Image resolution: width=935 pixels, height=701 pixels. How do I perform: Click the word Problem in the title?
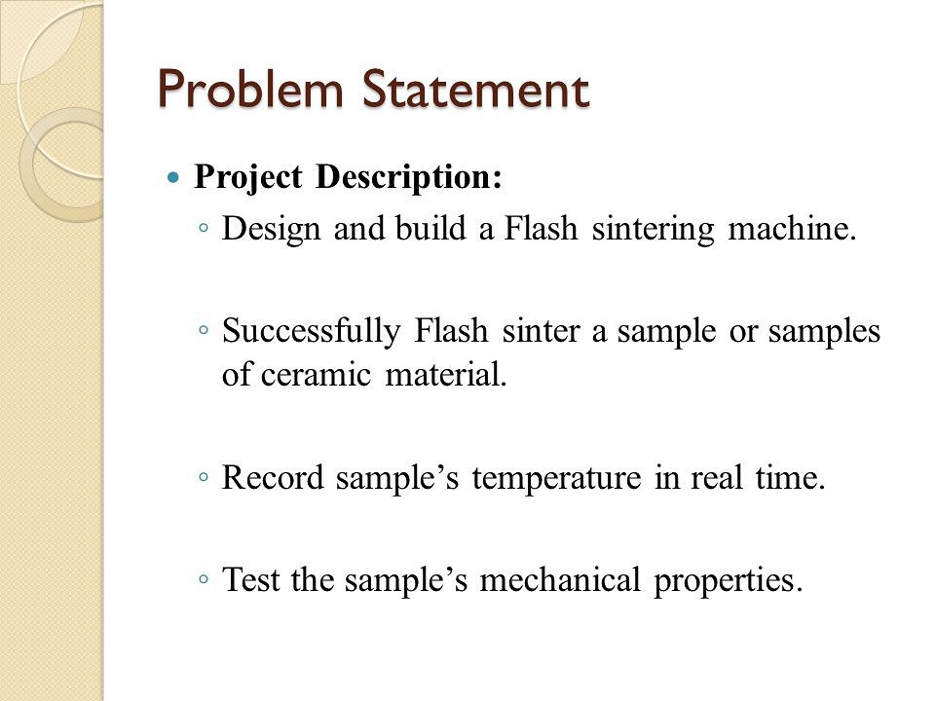coord(251,91)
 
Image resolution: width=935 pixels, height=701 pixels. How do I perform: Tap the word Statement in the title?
coord(476,89)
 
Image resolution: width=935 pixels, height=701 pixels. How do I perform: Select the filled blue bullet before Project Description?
coord(173,177)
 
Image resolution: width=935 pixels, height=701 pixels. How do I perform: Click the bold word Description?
coord(409,177)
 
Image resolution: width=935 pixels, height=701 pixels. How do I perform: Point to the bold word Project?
coord(248,177)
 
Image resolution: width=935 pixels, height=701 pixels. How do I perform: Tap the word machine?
coord(793,228)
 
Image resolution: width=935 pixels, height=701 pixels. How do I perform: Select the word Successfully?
coord(312,331)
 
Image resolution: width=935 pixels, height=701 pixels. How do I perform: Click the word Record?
coord(273,477)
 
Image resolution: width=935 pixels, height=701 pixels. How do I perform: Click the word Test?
coord(250,579)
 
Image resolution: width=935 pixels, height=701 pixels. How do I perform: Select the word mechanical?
coord(560,579)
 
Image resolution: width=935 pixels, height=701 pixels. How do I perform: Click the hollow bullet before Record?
coord(204,477)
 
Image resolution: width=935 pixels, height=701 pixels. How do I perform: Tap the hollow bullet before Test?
coord(204,578)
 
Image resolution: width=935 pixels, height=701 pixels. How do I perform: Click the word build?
coord(430,228)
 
